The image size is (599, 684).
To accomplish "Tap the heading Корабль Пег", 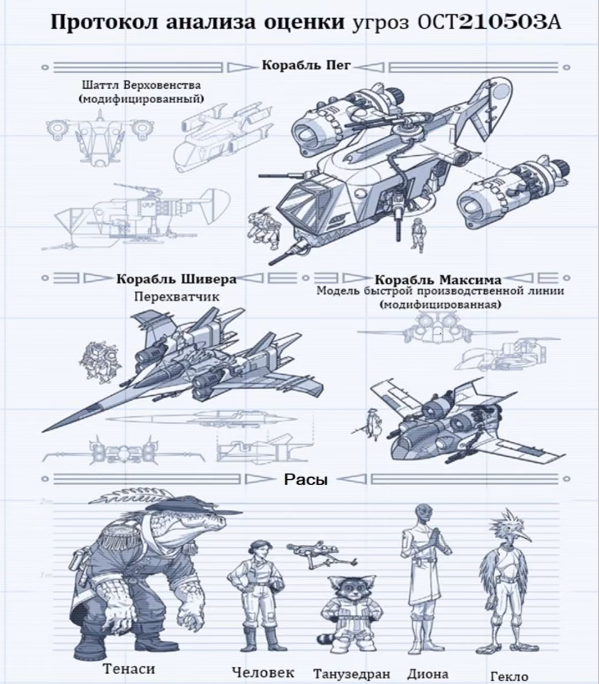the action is [306, 65].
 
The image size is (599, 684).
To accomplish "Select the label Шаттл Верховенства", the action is [141, 85].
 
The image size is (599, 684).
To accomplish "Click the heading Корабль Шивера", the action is [176, 279].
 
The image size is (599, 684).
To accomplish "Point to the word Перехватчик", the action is [177, 297].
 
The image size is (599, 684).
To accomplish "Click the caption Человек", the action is [263, 663].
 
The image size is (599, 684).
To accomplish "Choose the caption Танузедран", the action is [352, 664].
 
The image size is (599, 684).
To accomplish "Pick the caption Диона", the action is [428, 665].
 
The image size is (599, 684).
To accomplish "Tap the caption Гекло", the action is [509, 667].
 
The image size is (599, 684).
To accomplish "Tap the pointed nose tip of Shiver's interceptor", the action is [43, 432].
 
